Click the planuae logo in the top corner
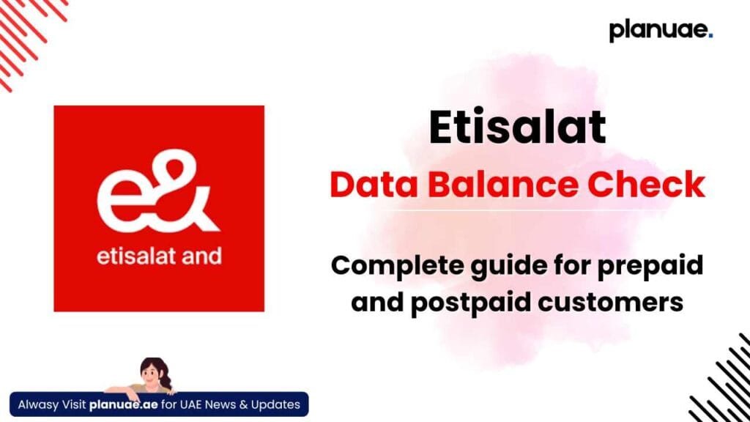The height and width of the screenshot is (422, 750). click(661, 31)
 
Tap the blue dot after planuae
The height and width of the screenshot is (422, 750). click(710, 35)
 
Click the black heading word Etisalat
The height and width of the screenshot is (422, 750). click(517, 127)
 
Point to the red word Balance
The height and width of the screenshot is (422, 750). click(502, 185)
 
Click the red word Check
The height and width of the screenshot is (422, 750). click(646, 185)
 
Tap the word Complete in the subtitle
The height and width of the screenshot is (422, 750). click(396, 266)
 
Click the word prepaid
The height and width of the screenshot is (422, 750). click(650, 266)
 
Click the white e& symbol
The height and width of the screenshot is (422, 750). click(158, 191)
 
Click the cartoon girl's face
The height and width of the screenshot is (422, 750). click(152, 371)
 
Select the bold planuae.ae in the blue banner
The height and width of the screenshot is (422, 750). click(123, 404)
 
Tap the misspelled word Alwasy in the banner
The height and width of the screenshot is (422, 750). click(38, 404)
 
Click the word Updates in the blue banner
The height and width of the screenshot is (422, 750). click(275, 404)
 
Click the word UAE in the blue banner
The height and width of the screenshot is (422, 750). click(191, 404)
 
